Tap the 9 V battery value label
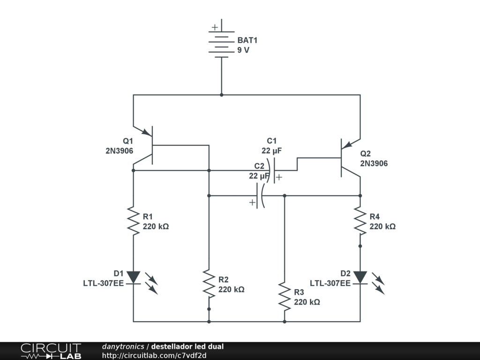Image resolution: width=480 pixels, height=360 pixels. (243, 50)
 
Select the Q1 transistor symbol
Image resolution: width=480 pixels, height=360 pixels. (143, 145)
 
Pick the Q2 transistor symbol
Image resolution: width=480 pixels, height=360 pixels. (351, 158)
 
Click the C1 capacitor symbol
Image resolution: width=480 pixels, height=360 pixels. (272, 171)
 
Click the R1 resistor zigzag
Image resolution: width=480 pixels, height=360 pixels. (133, 221)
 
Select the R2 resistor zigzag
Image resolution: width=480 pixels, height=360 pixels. (209, 284)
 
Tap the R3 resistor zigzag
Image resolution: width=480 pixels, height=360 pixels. (285, 296)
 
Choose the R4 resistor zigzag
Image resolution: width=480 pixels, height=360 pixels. (360, 221)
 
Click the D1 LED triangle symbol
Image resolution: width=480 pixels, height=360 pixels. (134, 277)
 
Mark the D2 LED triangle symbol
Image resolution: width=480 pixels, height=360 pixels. (360, 277)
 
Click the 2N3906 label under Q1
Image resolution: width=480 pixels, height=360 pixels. (120, 151)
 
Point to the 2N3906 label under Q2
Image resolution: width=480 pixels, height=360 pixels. (374, 164)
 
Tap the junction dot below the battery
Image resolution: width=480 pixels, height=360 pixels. (222, 95)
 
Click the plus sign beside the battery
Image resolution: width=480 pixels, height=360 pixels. (215, 27)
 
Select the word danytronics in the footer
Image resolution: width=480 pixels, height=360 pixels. (123, 346)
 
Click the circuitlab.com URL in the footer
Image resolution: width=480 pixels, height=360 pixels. (154, 355)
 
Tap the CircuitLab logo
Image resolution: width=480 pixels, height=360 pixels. (51, 351)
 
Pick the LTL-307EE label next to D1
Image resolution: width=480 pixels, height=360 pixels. (104, 284)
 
